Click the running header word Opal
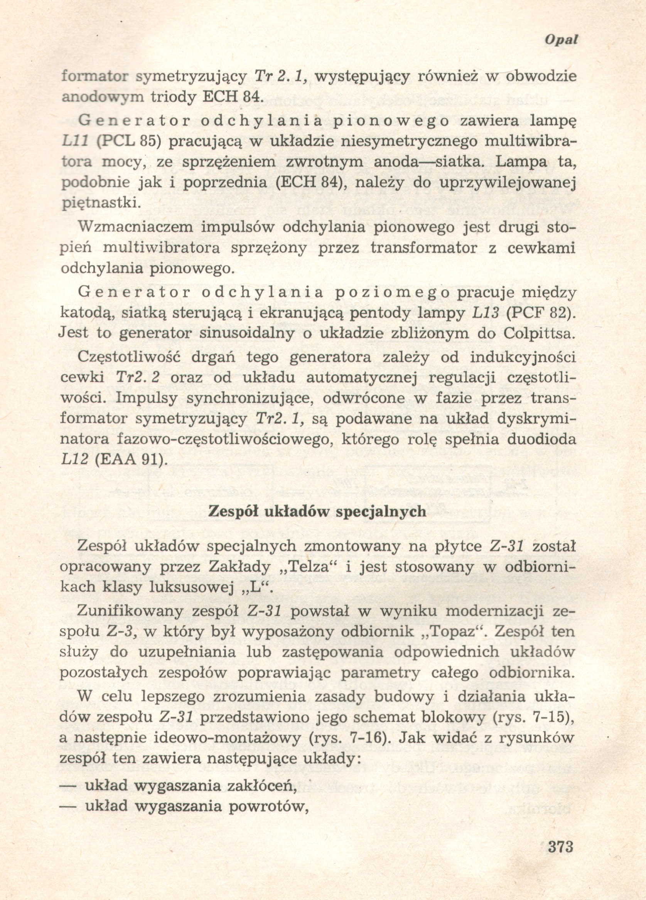[561, 39]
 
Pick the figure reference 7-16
[371, 737]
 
